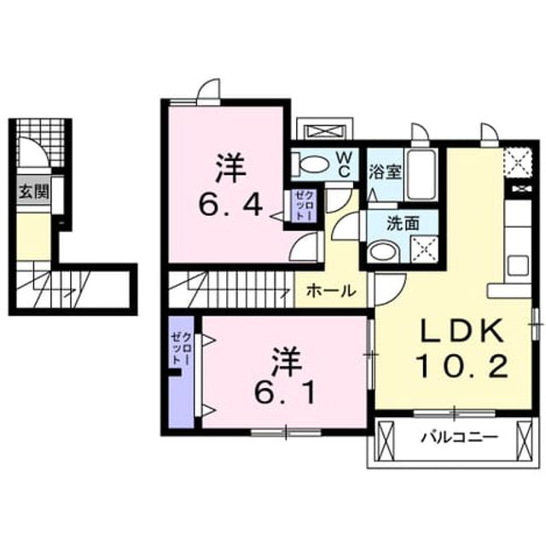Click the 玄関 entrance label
coord(34,192)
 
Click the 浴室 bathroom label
coord(385,171)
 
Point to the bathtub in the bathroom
coord(422,174)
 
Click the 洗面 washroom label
coord(403,224)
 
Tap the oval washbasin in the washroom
coord(383,252)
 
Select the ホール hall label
coord(331,290)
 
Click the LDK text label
coord(462,331)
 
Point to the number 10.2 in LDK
coord(462,367)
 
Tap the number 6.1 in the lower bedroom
coord(285,393)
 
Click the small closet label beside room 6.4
coord(304,206)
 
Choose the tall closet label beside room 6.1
coord(180,348)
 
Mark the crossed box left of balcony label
coord(385,441)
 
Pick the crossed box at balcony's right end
coord(525,441)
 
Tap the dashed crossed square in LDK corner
coord(519,162)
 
